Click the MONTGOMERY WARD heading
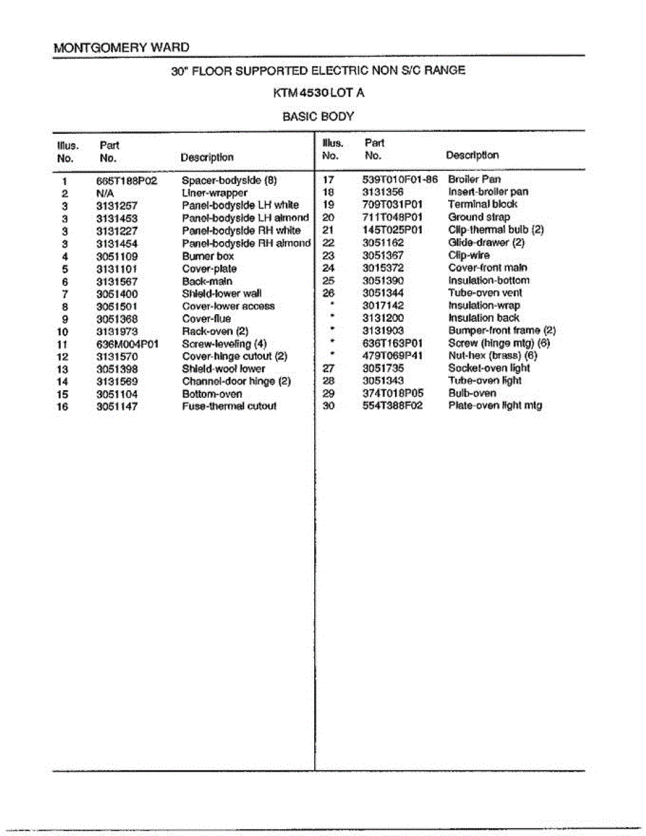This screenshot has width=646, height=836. point(121,48)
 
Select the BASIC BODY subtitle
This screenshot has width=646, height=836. point(318,116)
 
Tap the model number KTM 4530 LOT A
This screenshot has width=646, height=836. point(318,93)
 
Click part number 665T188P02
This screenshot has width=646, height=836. point(127,180)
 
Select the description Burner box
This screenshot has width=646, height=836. point(208,256)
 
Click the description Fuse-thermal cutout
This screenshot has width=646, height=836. point(229,406)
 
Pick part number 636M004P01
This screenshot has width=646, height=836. point(128,343)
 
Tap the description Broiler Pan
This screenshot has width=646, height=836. point(474,179)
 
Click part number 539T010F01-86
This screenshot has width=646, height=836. point(399,179)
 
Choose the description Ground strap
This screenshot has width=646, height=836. point(479,217)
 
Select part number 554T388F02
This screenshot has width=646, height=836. point(392,405)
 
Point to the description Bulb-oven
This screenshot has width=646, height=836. point(472,393)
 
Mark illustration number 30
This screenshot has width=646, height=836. point(329,405)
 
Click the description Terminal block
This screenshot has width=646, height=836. point(482,204)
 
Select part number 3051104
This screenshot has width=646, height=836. point(116,394)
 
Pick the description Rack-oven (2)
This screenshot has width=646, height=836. point(215,331)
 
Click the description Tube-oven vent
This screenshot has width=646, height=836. point(484,293)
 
